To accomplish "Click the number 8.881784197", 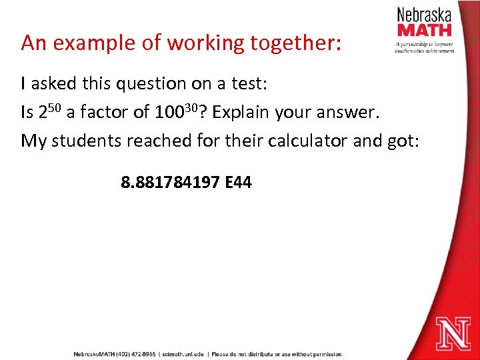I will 170,181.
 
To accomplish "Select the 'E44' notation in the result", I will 239,181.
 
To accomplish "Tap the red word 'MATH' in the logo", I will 424,30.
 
